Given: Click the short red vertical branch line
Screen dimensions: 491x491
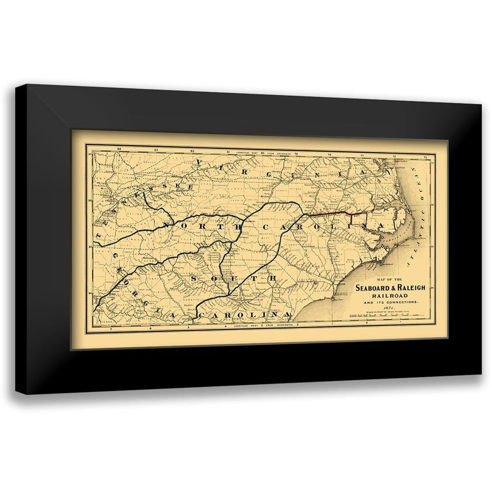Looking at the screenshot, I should pyautogui.click(x=351, y=219).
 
